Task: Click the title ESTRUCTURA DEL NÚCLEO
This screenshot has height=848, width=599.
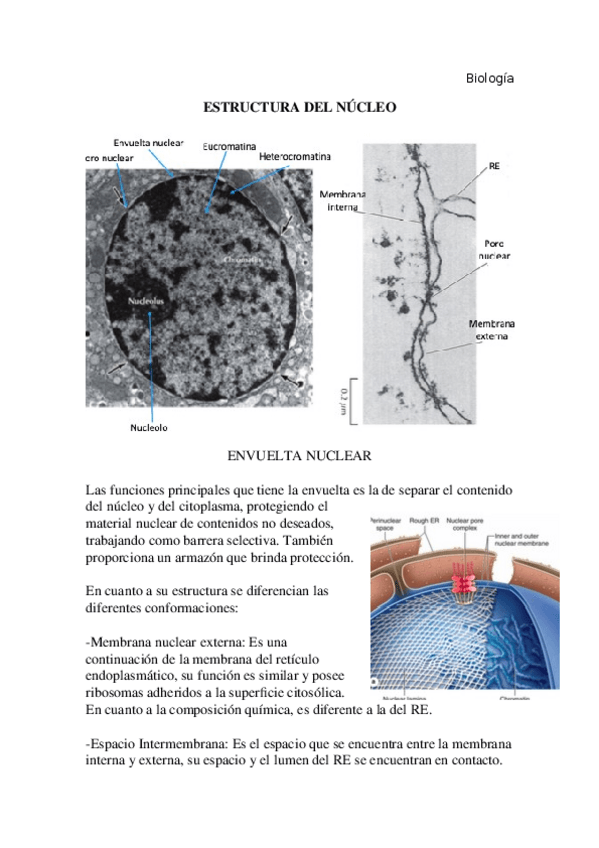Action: coord(300,106)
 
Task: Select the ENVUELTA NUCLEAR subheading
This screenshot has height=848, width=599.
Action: coord(299,456)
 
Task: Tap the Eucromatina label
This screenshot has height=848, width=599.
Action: coord(232,147)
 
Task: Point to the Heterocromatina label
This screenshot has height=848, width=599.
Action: coord(294,157)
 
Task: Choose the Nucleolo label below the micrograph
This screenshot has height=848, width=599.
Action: coord(149,428)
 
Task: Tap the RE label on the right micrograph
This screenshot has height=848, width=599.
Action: coord(494,167)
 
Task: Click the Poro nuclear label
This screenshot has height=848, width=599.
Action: coord(494,249)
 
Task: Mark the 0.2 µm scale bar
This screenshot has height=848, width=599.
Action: coord(341,398)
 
